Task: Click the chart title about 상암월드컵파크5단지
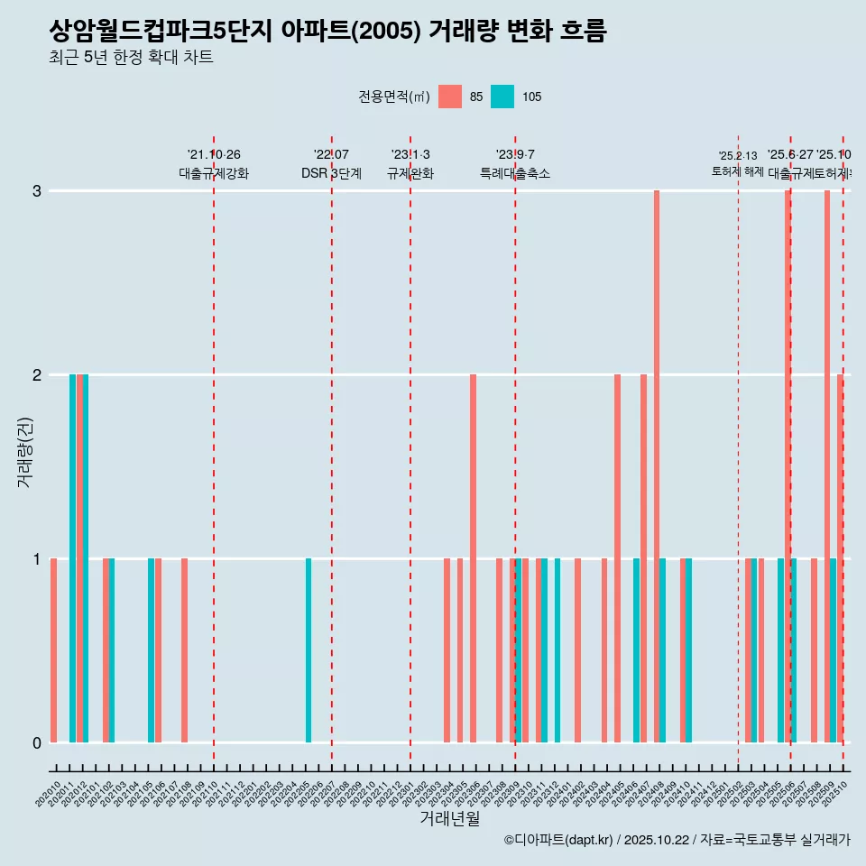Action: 327,32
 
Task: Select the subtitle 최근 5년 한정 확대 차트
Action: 131,59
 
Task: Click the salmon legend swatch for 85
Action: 449,97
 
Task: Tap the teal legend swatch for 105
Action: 502,97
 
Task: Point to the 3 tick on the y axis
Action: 36,191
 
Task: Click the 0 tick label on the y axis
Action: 36,742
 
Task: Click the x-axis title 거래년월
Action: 449,818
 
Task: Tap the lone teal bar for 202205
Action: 309,650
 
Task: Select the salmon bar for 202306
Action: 473,558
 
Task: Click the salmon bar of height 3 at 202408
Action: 657,466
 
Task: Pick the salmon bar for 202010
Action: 54,650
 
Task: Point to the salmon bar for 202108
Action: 185,650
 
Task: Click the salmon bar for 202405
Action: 617,558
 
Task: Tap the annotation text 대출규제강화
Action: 214,173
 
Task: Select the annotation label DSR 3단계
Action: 331,173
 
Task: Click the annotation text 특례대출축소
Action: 514,173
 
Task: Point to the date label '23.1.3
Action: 410,155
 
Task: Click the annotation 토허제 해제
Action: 738,171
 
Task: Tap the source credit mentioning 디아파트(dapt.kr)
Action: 677,840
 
